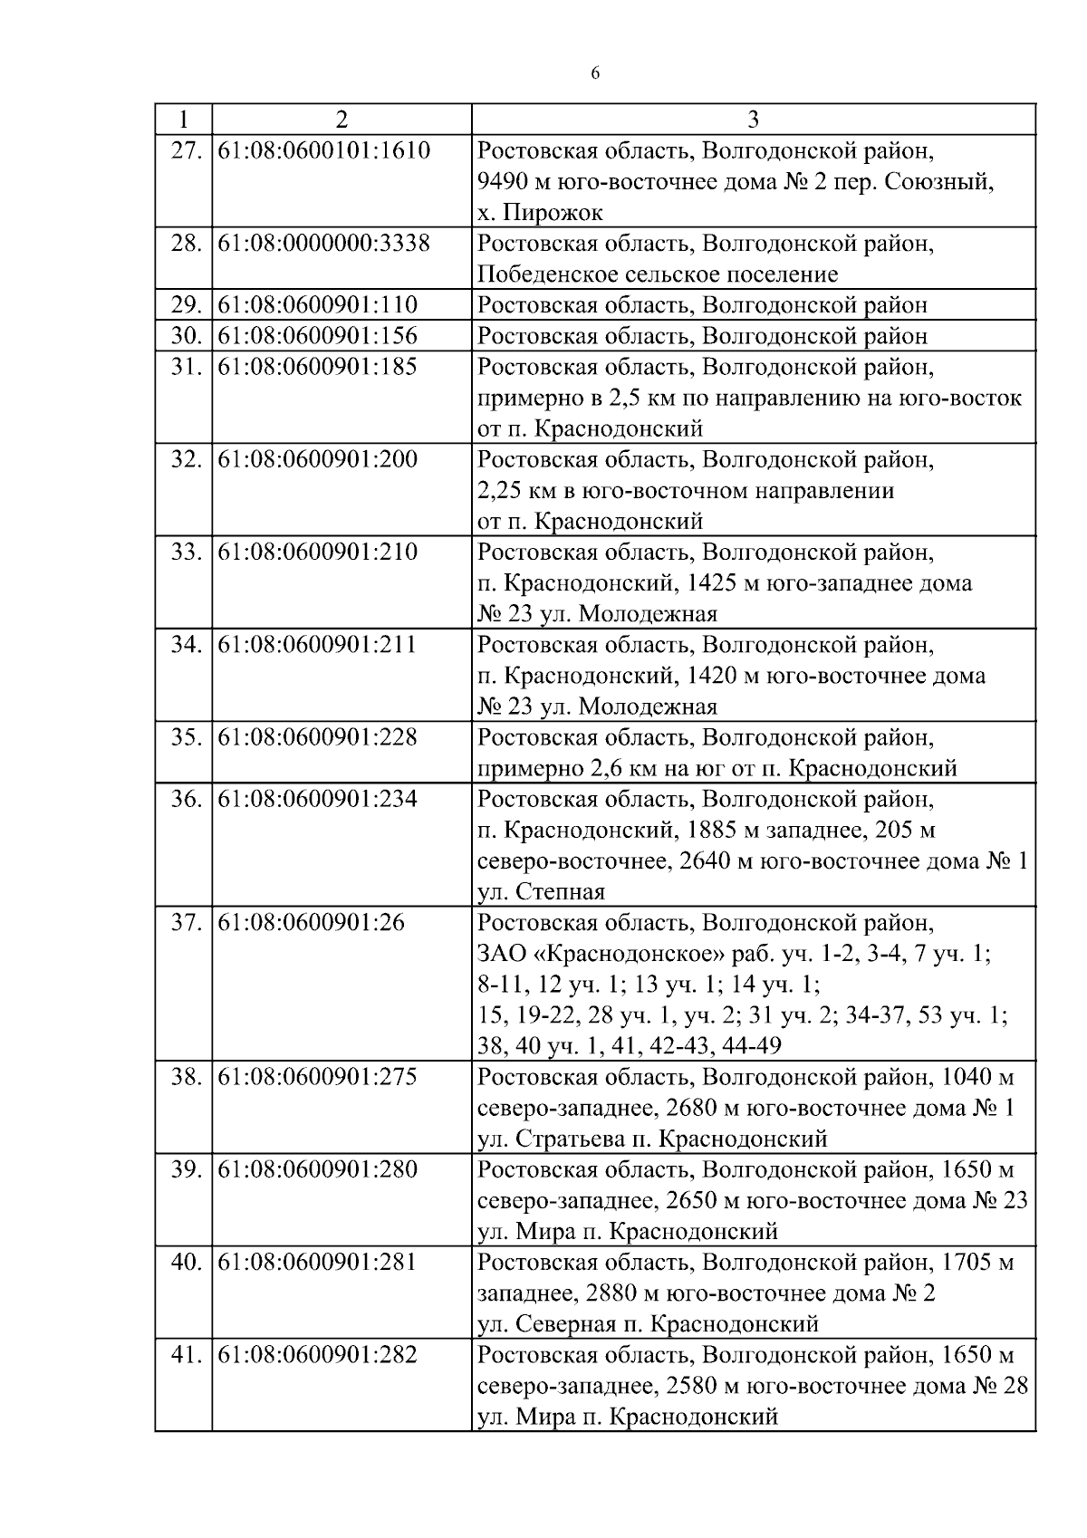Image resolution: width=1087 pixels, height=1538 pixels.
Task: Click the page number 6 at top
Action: [x=595, y=74]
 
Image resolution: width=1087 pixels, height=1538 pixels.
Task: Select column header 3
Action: [x=753, y=120]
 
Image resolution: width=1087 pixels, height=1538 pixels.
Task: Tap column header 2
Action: [x=341, y=120]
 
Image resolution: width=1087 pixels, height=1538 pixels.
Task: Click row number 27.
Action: [x=186, y=150]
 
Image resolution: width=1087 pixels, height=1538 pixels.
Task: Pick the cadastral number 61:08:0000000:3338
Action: [x=323, y=244]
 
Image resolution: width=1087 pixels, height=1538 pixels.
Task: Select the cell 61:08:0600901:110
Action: [x=318, y=305]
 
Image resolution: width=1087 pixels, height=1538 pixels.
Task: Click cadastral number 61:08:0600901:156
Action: [x=318, y=336]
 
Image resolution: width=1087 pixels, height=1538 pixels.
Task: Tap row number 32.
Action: [x=186, y=460]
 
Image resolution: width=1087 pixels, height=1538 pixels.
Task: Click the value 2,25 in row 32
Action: [x=498, y=491]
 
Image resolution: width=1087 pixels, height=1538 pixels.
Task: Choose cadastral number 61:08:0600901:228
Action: [x=318, y=737]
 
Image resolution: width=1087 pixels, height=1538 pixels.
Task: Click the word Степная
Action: [x=560, y=892]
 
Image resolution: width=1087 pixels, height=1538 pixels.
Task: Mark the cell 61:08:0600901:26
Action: [x=312, y=923]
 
